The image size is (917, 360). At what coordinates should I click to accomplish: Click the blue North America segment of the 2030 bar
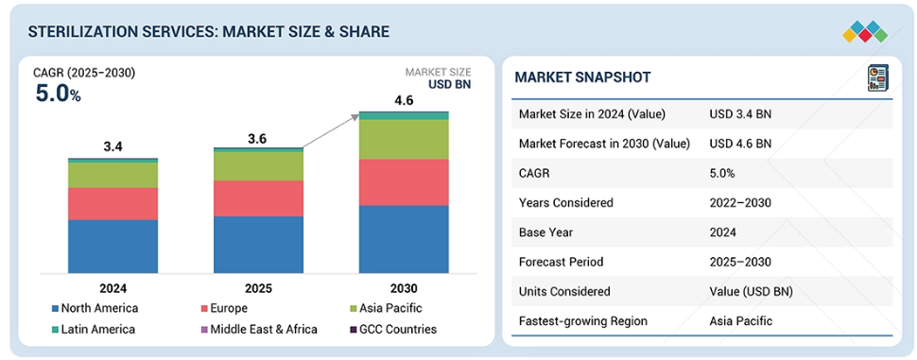tap(404, 239)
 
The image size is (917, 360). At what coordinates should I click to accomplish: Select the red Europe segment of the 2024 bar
tap(112, 203)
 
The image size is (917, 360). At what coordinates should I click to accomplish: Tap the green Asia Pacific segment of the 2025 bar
tap(258, 166)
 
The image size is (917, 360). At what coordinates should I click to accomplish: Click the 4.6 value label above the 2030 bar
tap(404, 100)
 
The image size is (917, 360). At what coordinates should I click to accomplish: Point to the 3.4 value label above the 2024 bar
tap(112, 147)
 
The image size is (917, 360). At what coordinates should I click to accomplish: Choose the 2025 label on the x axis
tap(258, 288)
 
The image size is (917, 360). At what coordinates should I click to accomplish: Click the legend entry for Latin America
tap(94, 330)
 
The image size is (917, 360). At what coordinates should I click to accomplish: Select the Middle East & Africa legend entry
tap(258, 330)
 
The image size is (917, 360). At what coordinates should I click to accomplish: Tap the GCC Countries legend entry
tap(393, 330)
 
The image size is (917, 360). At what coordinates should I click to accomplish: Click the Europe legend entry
tap(223, 309)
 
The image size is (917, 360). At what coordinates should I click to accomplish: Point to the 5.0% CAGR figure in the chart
tap(58, 94)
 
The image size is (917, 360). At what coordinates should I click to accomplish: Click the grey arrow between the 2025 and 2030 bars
tap(331, 131)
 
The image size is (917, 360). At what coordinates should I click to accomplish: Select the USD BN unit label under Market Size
tap(449, 85)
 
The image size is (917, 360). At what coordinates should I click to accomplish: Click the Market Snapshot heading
tap(582, 77)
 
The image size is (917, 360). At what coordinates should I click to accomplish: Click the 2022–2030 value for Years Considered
tap(740, 203)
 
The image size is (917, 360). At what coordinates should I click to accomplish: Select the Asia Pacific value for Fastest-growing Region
tap(741, 321)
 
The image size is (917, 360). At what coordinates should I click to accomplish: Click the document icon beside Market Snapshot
tap(877, 77)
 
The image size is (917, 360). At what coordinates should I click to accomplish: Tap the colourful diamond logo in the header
tap(865, 31)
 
